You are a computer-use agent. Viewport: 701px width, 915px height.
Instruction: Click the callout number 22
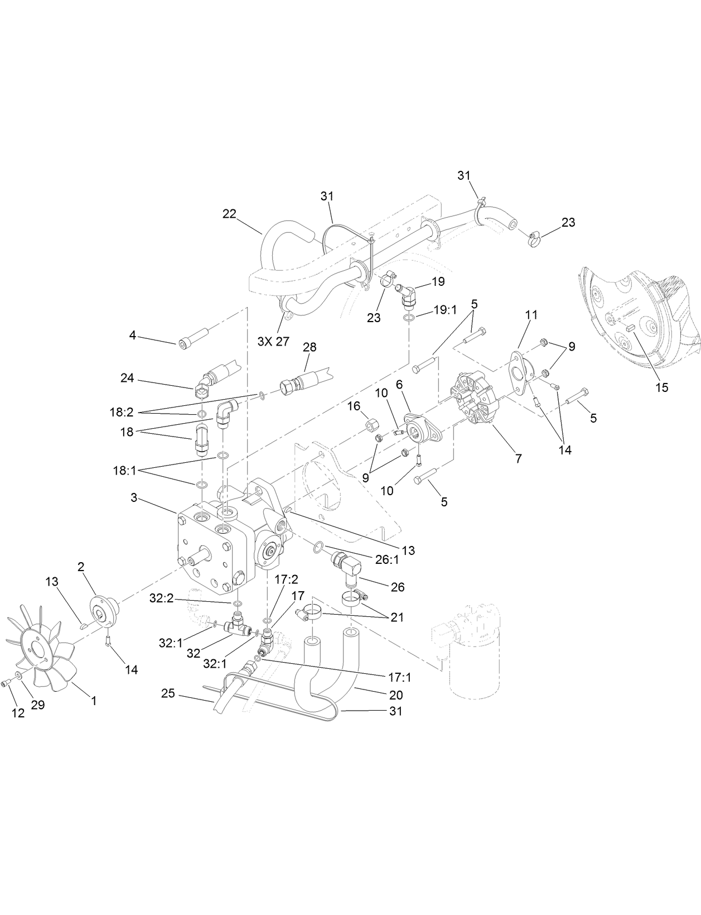coord(229,213)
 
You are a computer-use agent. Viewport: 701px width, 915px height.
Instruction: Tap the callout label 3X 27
coord(273,341)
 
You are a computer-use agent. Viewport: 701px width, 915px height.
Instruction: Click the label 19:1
coord(445,310)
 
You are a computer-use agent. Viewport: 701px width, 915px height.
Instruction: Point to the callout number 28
coord(309,347)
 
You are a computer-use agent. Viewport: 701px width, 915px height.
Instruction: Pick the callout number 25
coord(168,693)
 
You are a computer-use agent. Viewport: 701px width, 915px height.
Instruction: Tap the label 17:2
coord(286,580)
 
